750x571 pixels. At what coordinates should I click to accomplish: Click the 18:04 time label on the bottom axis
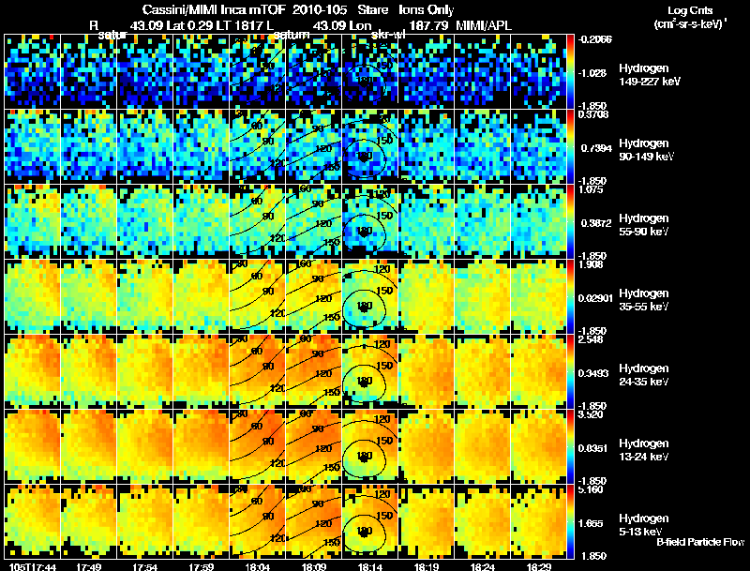tap(256, 566)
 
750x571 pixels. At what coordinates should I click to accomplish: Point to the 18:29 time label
tap(537, 566)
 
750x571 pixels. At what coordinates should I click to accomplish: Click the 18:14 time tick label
tap(368, 566)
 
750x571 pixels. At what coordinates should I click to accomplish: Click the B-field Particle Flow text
tap(699, 542)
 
